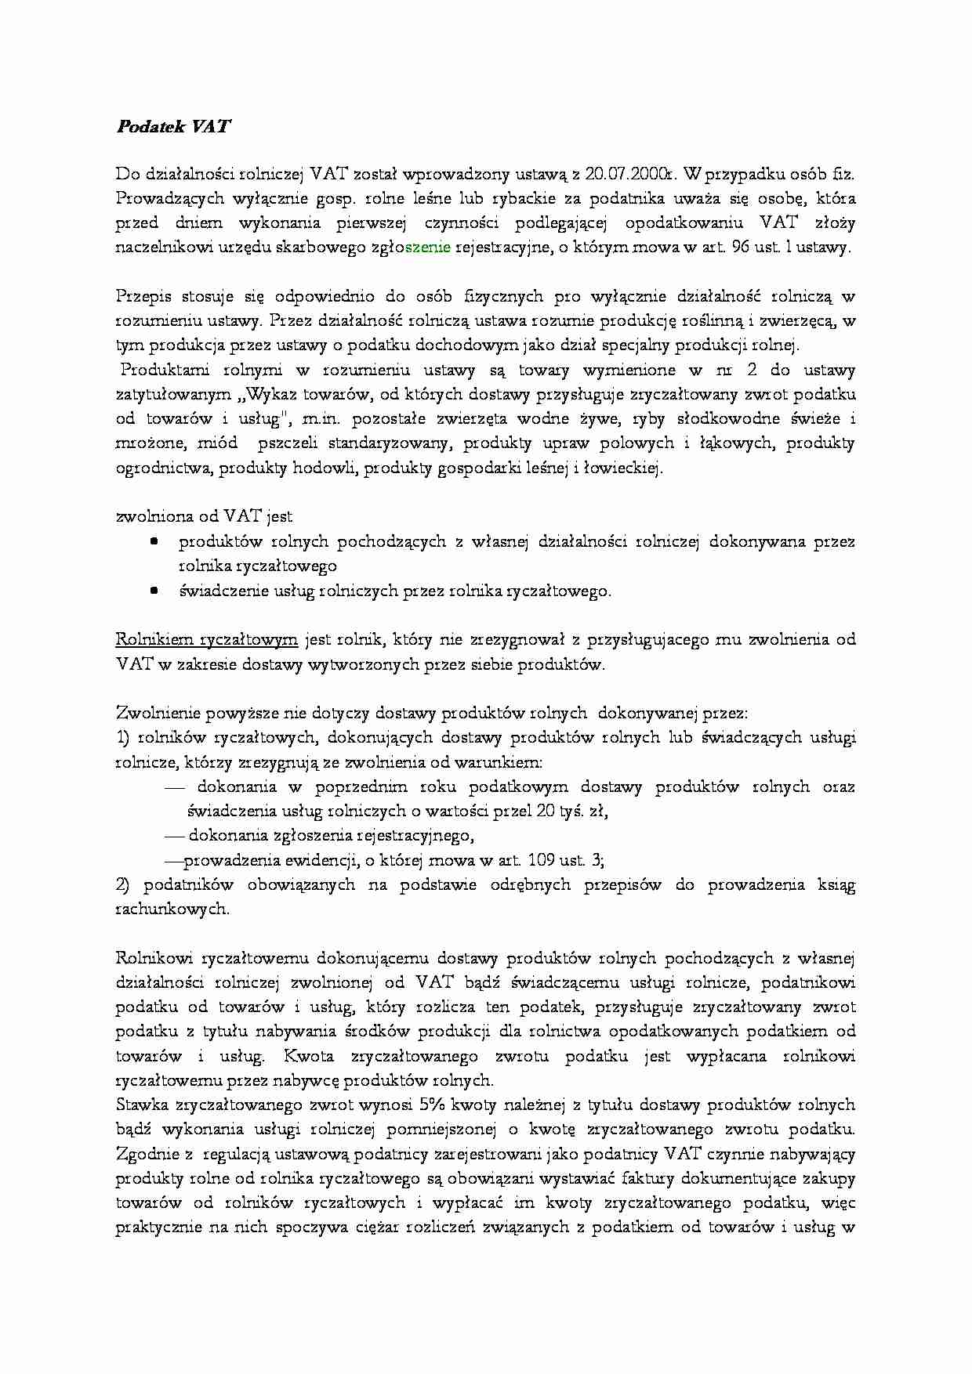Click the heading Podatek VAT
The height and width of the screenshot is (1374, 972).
173,126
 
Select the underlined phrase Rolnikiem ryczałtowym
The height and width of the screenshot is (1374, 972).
206,639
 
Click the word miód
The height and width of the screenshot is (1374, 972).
217,443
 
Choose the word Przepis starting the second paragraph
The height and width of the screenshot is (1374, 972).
143,296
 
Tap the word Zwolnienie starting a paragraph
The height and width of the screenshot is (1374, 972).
157,713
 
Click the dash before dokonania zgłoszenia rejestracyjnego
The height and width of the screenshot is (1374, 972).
173,836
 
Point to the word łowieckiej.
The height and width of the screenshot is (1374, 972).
624,468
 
